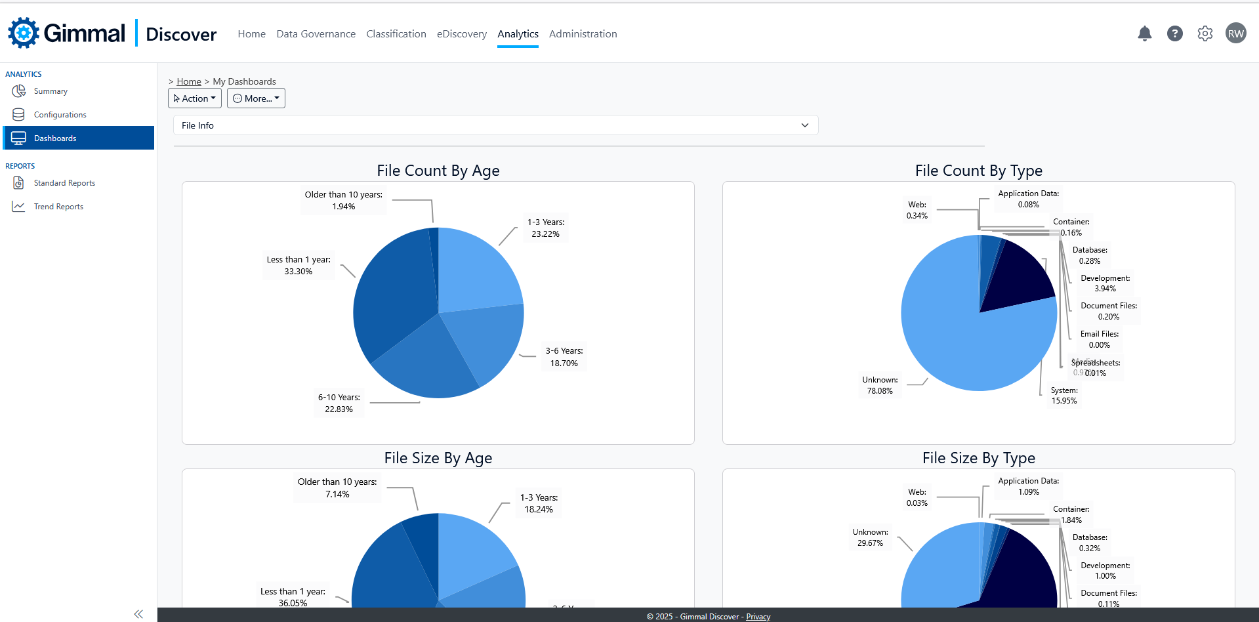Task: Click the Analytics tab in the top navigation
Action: pyautogui.click(x=518, y=34)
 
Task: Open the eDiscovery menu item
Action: pyautogui.click(x=462, y=34)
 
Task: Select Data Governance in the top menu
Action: pyautogui.click(x=316, y=34)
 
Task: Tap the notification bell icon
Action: pyautogui.click(x=1144, y=33)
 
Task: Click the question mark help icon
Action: pyautogui.click(x=1174, y=33)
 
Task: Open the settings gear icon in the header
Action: pyautogui.click(x=1205, y=33)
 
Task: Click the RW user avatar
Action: pyautogui.click(x=1235, y=33)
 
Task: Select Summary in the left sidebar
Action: pyautogui.click(x=51, y=91)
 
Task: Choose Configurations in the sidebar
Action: pyautogui.click(x=60, y=115)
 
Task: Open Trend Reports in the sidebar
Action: pyautogui.click(x=58, y=207)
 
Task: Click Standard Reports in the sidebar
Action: pyautogui.click(x=64, y=183)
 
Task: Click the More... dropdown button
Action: pyautogui.click(x=256, y=98)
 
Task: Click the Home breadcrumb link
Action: pyautogui.click(x=189, y=81)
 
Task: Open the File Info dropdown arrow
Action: pyautogui.click(x=805, y=125)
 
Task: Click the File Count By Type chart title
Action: pyautogui.click(x=978, y=171)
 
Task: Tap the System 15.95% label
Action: pyautogui.click(x=1063, y=396)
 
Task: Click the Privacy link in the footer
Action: pyautogui.click(x=758, y=617)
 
